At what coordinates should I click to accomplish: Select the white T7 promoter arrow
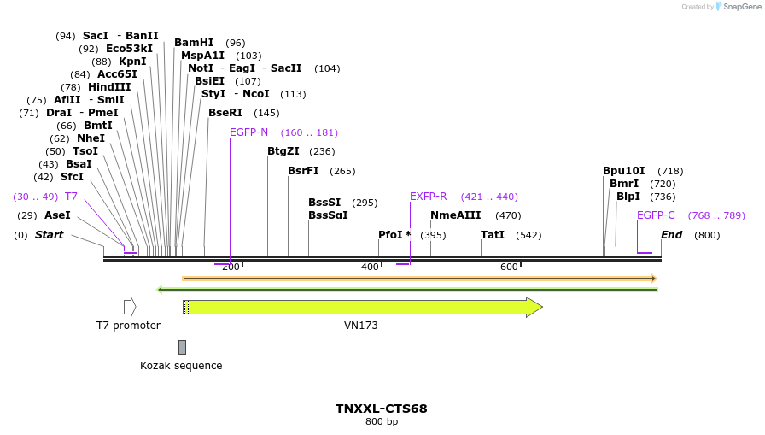[x=130, y=307]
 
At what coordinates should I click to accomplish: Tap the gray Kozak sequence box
[x=182, y=347]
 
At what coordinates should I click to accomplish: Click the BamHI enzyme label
[x=194, y=43]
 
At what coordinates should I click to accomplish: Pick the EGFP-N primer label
[x=248, y=132]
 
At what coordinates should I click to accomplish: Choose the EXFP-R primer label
[x=428, y=197]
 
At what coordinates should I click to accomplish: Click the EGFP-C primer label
[x=656, y=215]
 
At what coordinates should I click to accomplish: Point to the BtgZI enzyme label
[x=283, y=151]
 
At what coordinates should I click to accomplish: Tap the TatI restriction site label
[x=493, y=234]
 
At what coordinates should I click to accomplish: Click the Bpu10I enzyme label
[x=624, y=171]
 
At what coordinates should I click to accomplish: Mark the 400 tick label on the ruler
[x=370, y=267]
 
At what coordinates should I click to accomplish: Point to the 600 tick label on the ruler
[x=509, y=267]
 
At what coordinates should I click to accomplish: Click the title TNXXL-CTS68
[x=381, y=409]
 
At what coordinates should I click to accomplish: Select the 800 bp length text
[x=381, y=422]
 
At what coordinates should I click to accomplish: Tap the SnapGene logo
[x=737, y=7]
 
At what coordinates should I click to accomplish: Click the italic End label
[x=671, y=235]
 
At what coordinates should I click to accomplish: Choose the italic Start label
[x=49, y=235]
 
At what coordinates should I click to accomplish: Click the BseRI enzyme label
[x=225, y=113]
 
